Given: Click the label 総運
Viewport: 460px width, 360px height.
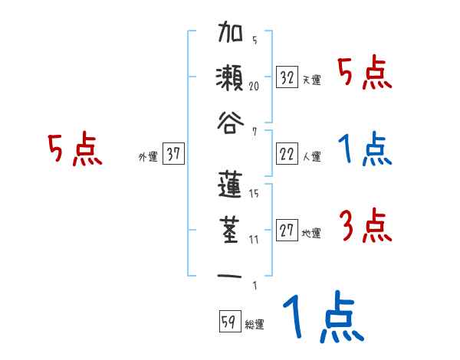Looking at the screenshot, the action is coord(255,324).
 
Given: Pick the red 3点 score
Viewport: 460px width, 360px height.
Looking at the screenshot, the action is coord(365,226).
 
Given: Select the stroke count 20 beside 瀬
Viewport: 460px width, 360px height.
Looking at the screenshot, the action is coord(254,87).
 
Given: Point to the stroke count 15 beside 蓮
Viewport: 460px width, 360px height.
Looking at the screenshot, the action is coord(254,195).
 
